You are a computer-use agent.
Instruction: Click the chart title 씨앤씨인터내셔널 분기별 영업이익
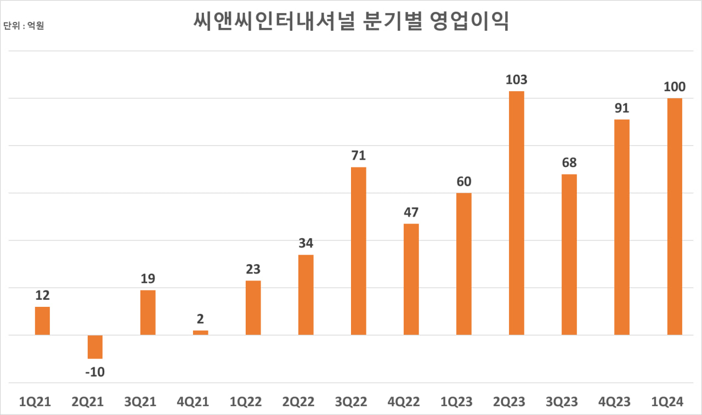point(351,21)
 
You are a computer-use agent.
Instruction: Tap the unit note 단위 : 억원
point(24,26)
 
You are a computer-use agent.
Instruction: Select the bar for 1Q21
point(42,321)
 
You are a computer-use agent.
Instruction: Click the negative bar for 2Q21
point(95,346)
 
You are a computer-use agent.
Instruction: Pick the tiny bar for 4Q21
point(200,332)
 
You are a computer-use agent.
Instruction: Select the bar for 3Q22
point(358,251)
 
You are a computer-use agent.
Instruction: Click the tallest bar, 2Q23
point(516,213)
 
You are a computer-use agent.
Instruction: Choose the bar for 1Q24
point(674,216)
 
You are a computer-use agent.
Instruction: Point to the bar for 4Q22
point(411,279)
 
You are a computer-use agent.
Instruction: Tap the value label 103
point(516,80)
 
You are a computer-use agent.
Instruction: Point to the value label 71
point(358,156)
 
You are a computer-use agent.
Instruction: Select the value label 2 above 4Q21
point(200,319)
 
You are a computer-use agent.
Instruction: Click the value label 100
point(674,87)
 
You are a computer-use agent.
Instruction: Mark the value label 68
point(569,163)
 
